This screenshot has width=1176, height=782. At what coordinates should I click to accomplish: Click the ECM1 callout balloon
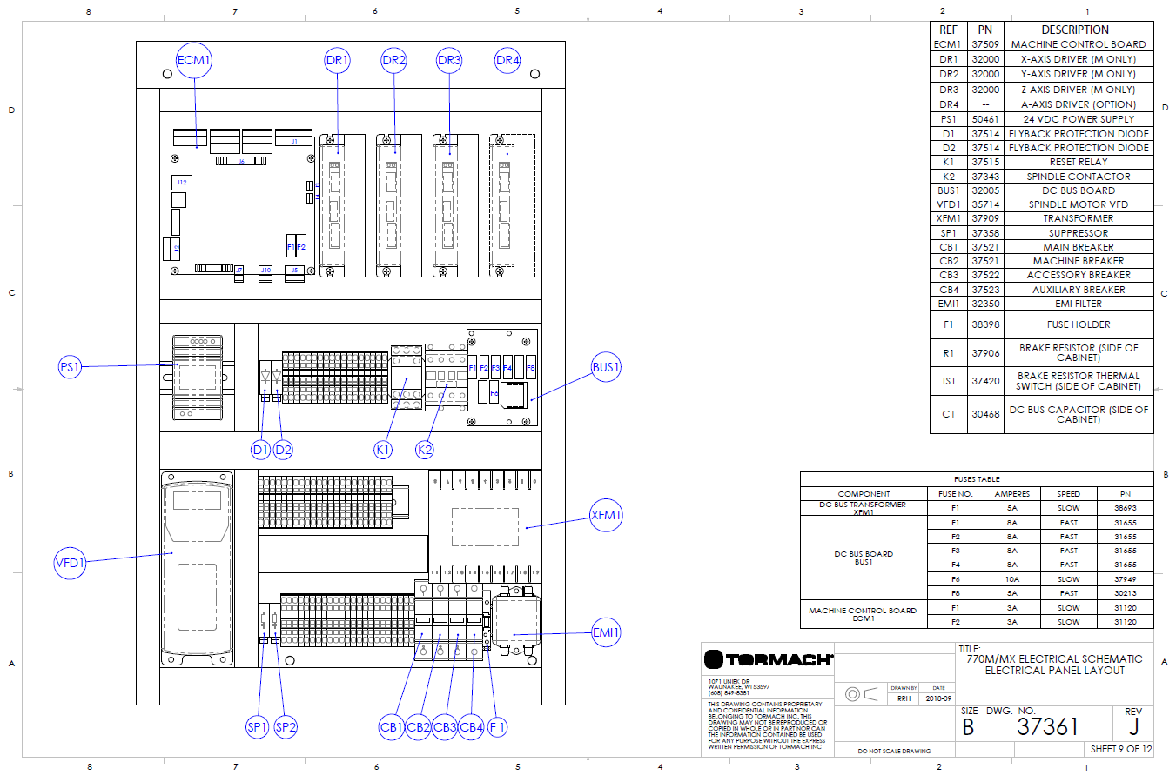194,61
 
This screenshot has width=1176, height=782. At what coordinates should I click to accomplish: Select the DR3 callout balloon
449,61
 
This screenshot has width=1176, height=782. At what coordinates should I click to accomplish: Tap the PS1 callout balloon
70,367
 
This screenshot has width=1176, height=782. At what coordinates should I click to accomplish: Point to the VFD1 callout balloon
70,563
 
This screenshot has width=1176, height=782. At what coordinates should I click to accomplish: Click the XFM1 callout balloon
606,515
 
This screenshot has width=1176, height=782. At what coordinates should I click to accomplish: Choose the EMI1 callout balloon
606,632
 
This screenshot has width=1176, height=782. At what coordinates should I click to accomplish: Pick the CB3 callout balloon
445,727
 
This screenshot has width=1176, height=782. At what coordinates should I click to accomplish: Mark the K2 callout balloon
425,450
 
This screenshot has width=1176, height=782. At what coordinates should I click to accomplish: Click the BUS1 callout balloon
606,367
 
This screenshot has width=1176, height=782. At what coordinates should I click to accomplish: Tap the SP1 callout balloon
257,727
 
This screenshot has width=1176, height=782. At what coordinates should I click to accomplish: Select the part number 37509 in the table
985,44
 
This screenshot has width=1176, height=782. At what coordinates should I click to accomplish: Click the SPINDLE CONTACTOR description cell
1079,177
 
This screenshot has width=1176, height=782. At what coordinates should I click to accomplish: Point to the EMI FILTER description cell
1079,304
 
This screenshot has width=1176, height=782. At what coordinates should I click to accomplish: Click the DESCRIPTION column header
1075,30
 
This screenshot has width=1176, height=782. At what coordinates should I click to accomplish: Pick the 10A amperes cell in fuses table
1012,579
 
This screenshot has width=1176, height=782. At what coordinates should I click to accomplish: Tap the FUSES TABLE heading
977,479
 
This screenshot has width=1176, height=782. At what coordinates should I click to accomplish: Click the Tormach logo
769,659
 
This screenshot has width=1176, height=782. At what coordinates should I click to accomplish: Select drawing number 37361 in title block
1047,726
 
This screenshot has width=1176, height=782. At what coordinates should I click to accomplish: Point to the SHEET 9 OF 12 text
1121,749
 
